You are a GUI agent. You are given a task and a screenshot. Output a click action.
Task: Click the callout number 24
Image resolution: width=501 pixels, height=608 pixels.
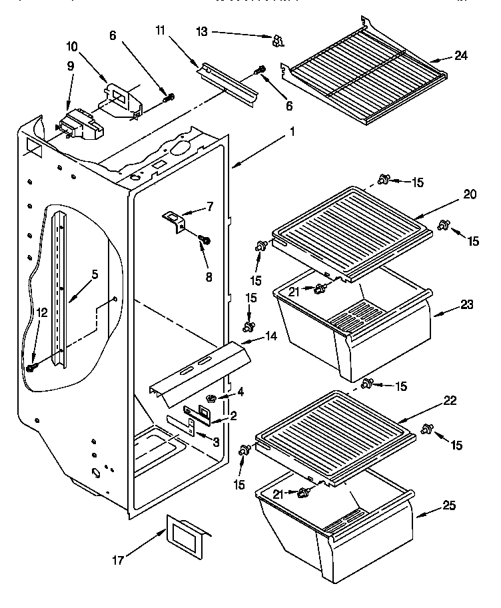click(461, 55)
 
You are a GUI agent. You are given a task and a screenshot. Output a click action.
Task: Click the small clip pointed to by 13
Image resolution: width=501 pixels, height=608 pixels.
click(278, 41)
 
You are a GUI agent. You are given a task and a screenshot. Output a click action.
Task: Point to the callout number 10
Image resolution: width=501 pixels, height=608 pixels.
click(72, 47)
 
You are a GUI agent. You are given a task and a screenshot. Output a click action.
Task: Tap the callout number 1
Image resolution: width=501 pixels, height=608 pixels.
click(291, 132)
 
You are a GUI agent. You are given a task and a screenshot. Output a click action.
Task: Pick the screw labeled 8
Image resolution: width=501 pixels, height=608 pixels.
click(204, 239)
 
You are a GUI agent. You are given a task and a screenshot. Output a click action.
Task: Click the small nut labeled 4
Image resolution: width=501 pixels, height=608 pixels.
click(211, 398)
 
